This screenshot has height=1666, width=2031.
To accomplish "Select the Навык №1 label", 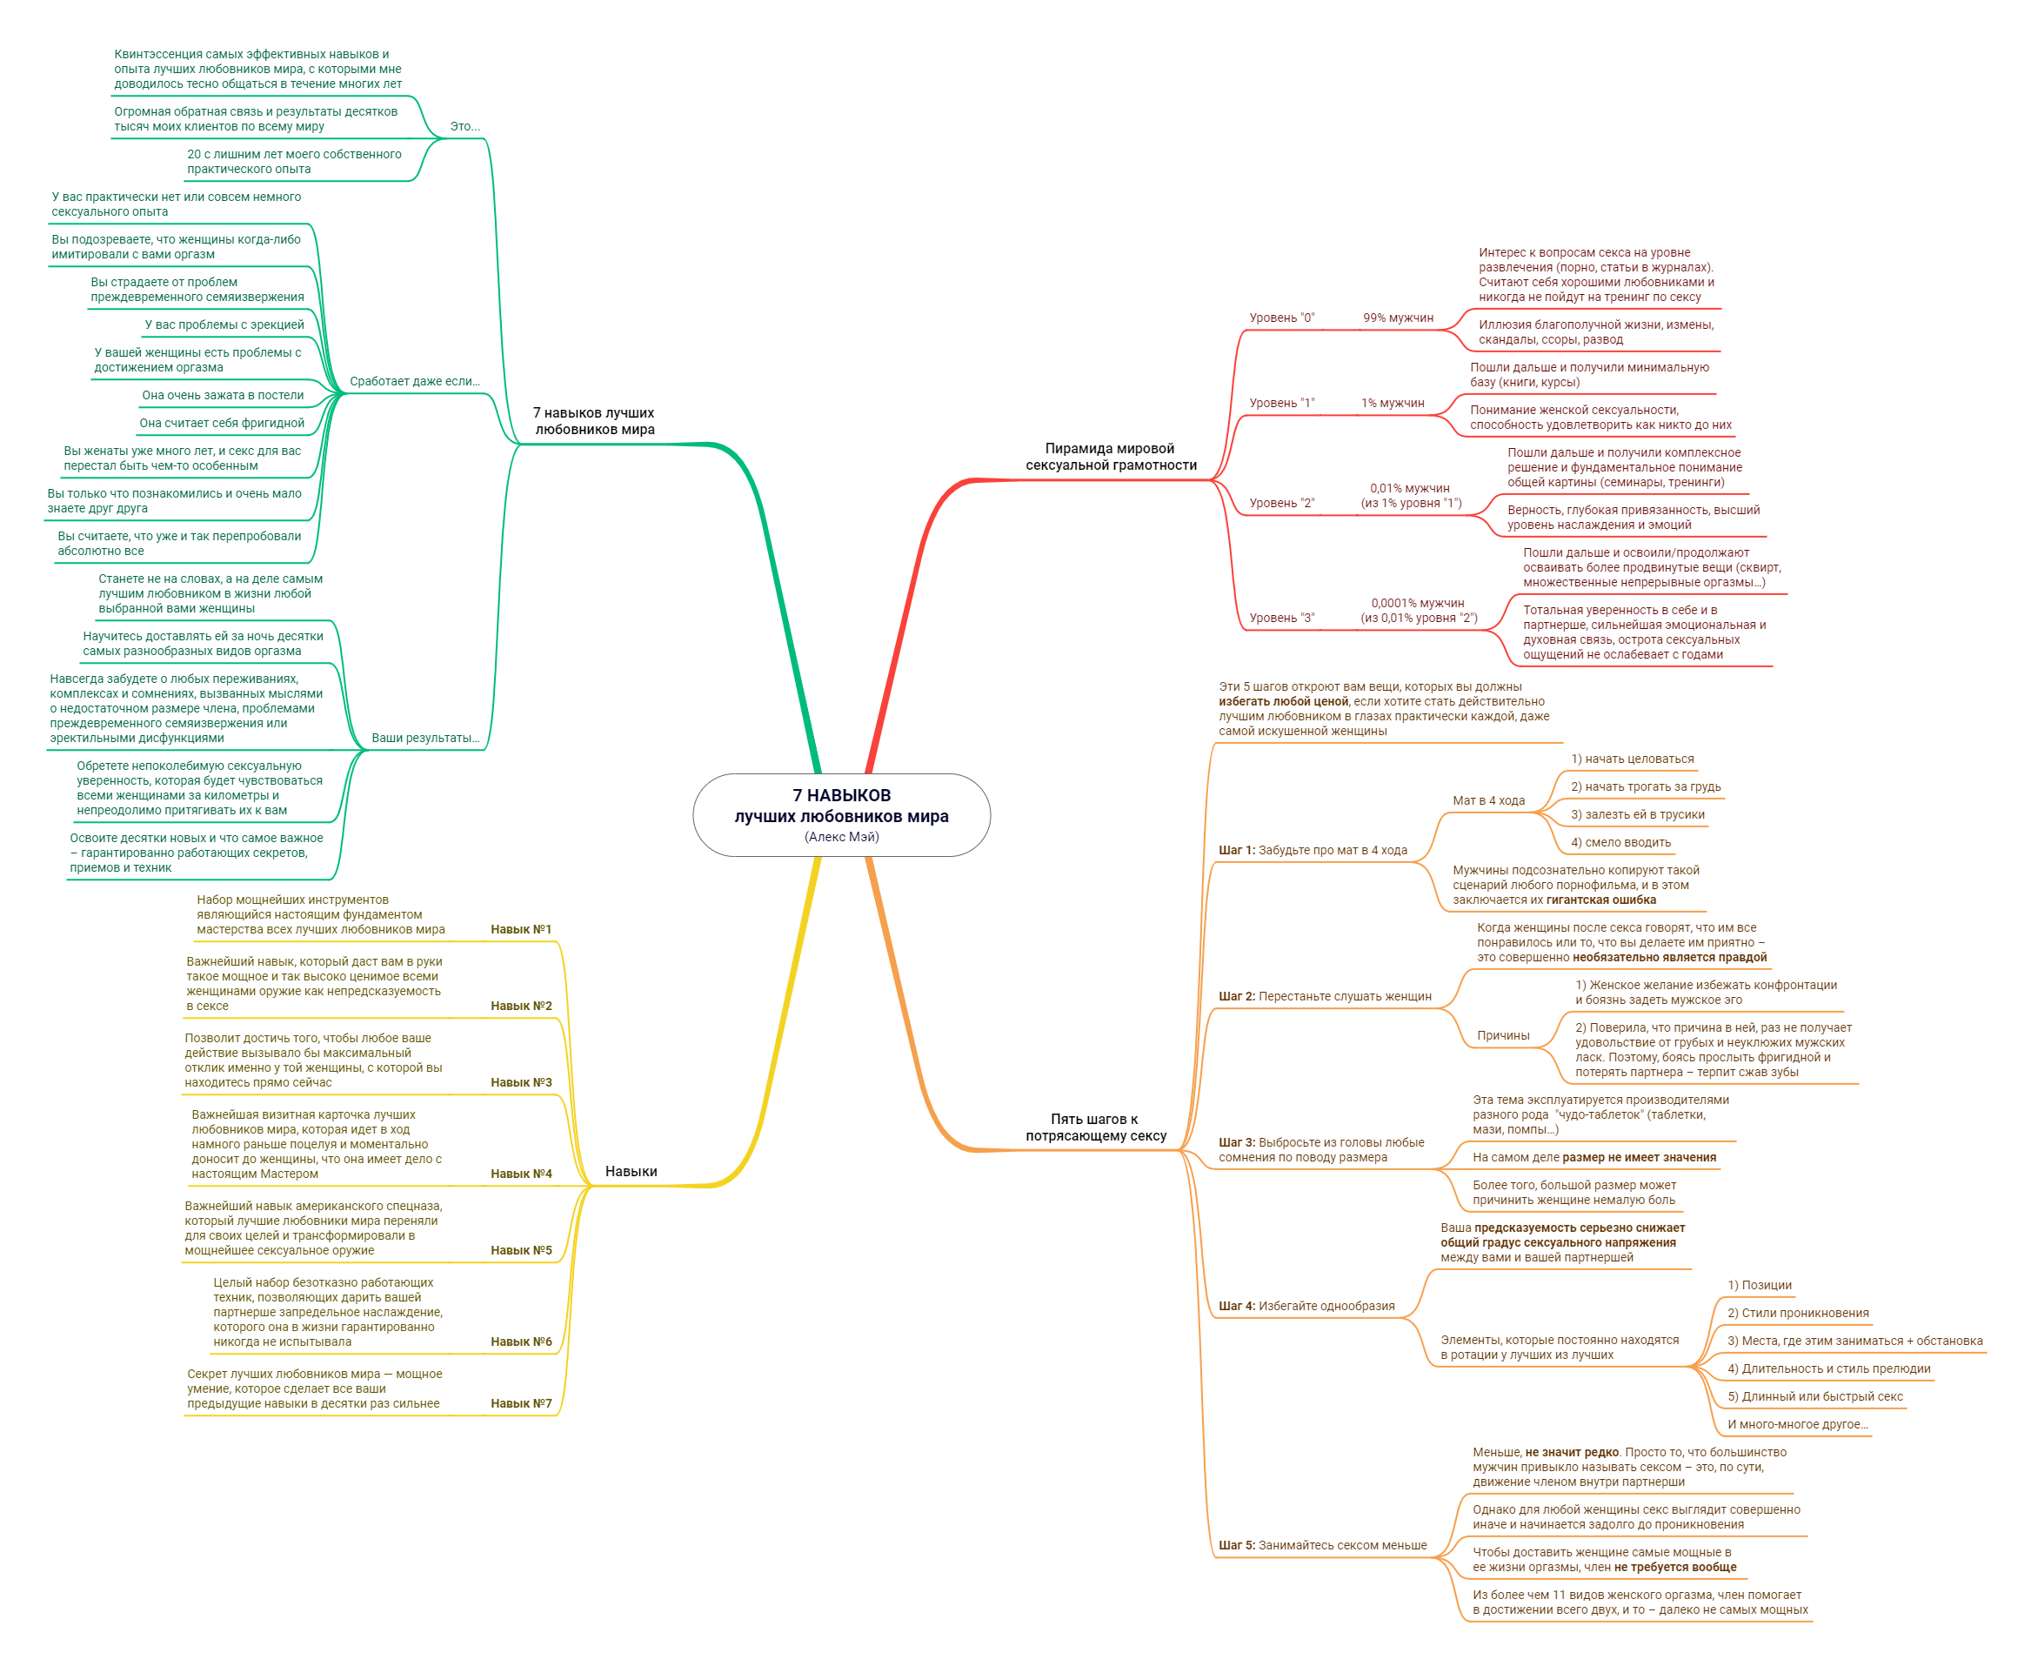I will point(521,929).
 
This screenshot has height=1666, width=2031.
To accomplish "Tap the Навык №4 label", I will point(521,1174).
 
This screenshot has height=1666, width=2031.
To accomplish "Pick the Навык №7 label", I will point(521,1403).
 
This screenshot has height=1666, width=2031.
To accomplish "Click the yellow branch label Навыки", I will point(631,1171).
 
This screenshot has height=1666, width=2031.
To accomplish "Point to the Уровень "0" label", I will point(1282,318).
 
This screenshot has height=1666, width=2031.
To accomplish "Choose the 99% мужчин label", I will point(1398,318).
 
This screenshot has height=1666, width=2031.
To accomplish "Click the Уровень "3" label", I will point(1282,618).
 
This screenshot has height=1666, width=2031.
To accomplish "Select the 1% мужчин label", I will point(1392,403).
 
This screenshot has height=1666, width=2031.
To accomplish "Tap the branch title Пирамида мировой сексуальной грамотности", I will point(1110,457).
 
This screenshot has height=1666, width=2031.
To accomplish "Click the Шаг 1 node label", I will point(1313,850).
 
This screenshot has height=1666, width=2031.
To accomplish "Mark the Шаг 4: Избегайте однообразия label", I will point(1306,1306).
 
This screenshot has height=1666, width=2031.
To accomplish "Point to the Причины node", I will point(1502,1035).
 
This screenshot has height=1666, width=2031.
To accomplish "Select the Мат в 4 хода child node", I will point(1488,800).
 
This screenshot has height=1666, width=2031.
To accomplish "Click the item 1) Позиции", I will point(1760,1285).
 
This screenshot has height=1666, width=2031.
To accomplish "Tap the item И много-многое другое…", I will point(1798,1424).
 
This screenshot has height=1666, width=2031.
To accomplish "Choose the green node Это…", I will point(464,127).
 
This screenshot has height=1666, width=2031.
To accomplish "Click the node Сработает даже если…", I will point(414,381).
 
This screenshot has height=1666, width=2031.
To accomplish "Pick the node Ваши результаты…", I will point(425,738).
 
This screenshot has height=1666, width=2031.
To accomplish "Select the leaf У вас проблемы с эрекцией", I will point(224,325).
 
